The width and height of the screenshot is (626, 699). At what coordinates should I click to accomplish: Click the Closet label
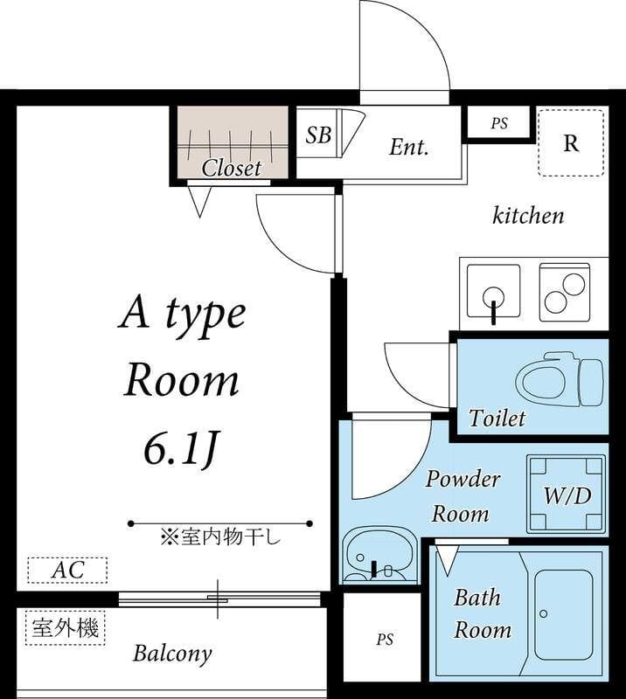point(232,167)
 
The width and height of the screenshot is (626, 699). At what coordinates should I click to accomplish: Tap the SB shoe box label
point(318,135)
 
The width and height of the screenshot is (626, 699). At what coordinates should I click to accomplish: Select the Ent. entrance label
point(408,147)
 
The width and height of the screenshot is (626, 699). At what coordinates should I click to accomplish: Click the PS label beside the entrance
point(498,124)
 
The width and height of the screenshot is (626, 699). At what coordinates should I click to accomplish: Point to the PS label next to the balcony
point(385,640)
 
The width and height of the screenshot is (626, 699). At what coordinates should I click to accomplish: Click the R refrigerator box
point(571,143)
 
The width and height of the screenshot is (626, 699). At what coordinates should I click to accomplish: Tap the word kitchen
point(528,215)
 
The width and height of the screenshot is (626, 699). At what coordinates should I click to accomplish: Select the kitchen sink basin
point(493,291)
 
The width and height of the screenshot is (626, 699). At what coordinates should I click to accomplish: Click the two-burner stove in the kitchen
point(563,291)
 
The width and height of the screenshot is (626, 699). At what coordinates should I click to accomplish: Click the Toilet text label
point(497,419)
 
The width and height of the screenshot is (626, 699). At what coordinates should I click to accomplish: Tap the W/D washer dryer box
point(567,495)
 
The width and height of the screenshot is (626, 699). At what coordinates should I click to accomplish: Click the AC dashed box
point(67,571)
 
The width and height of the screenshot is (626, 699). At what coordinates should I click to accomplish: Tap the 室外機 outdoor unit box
point(65,627)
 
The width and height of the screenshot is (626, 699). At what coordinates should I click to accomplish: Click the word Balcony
point(172,653)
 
